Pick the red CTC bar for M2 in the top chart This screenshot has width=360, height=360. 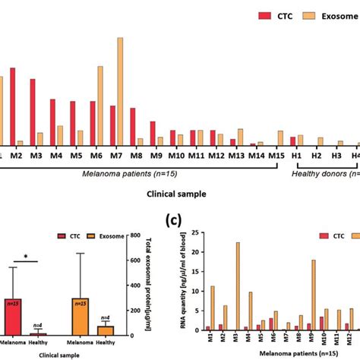pos(13,106)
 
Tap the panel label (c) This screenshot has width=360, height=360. pos(175,221)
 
